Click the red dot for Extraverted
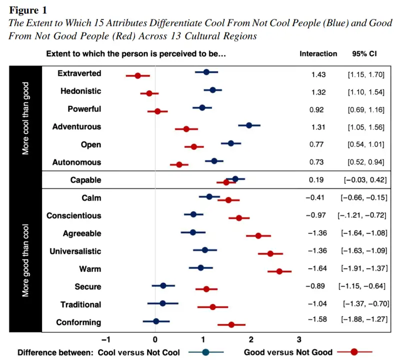tap(138, 75)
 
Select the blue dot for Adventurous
tap(249, 125)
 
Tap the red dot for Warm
tap(279, 271)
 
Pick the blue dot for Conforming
tap(156, 321)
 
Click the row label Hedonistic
tap(80, 91)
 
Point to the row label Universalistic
tap(75, 251)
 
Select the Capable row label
tap(86, 180)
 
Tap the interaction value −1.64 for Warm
tap(316, 269)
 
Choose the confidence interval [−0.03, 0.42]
tap(364, 180)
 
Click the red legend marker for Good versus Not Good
tap(353, 352)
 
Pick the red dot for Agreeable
tap(258, 235)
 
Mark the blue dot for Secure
tap(163, 285)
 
